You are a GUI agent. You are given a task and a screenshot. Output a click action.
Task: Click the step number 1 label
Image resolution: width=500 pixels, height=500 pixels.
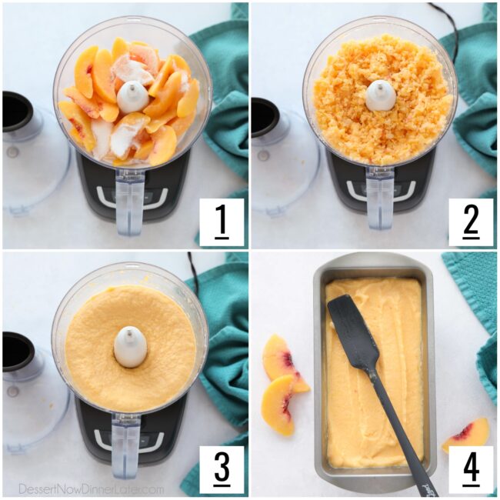[222, 222]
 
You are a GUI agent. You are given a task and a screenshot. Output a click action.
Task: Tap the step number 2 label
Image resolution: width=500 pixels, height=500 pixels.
[470, 222]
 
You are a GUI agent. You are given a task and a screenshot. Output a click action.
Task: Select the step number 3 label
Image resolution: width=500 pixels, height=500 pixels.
[222, 470]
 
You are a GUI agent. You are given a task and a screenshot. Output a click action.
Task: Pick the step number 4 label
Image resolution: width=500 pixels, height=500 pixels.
[470, 470]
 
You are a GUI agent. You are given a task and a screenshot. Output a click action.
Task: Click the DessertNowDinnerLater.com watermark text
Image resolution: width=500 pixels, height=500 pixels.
[91, 488]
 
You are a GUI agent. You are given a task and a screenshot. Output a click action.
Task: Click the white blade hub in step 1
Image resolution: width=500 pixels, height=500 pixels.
[132, 97]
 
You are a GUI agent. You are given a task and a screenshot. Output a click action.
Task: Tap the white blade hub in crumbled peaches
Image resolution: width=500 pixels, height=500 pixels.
[380, 95]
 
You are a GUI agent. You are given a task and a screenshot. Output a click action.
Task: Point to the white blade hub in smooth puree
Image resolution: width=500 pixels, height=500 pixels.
[130, 347]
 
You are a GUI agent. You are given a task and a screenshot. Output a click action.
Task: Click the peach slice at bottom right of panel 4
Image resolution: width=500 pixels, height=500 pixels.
[466, 435]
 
